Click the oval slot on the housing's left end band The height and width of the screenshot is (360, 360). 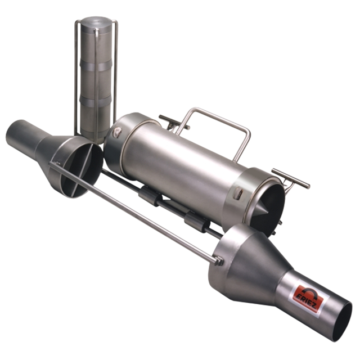[x=117, y=133]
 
